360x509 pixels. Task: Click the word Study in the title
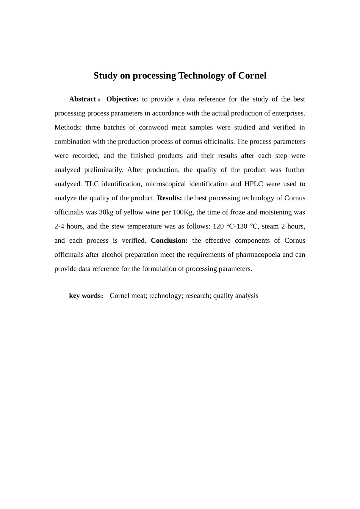[x=105, y=76]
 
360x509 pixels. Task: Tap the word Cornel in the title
[x=252, y=76]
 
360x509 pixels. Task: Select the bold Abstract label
[x=83, y=99]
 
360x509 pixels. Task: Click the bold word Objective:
[x=122, y=99]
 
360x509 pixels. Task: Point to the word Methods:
[x=68, y=128]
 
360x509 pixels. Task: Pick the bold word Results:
[x=169, y=198]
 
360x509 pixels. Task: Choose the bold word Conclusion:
[x=169, y=240]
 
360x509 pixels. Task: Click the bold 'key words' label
[x=85, y=296]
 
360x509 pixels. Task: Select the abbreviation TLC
[x=92, y=184]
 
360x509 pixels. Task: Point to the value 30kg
[x=106, y=212]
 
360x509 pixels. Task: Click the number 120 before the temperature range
[x=218, y=226]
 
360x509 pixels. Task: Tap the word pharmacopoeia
[x=258, y=255]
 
